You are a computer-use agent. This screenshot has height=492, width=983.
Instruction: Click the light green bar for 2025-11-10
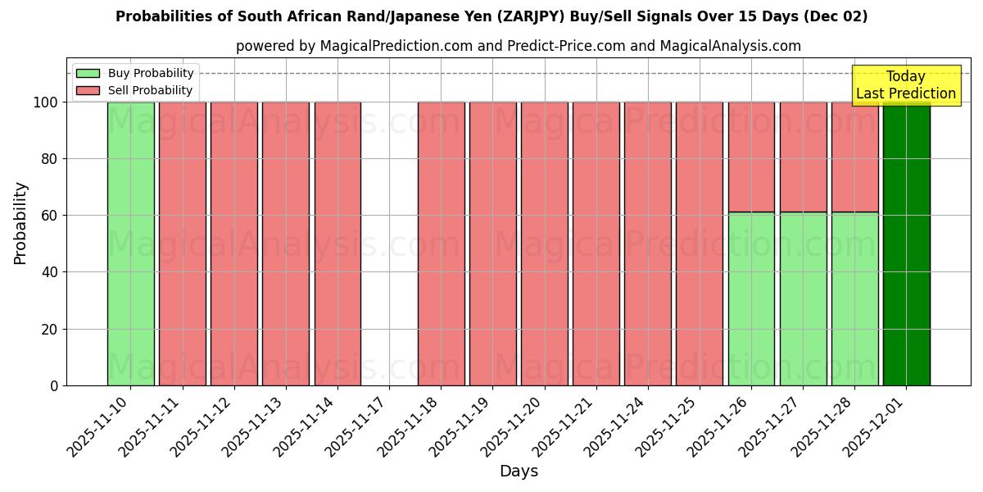coord(130,244)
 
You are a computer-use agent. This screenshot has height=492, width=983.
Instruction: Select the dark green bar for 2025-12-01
coord(906,244)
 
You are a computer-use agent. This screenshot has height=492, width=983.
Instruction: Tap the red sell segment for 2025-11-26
coord(751,157)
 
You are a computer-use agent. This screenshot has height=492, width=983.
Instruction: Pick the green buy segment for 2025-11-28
coord(854,298)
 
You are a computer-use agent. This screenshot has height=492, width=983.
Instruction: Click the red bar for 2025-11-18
coord(441,244)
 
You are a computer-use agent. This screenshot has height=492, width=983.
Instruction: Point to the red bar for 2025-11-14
coord(337,244)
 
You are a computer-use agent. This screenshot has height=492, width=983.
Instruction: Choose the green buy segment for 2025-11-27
coord(803,298)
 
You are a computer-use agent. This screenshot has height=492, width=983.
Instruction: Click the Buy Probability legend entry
coord(135,73)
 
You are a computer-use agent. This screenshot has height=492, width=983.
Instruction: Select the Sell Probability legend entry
coord(135,90)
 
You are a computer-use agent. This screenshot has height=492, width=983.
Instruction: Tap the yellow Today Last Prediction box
coord(906,85)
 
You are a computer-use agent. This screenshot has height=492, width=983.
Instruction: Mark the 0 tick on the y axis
coord(54,385)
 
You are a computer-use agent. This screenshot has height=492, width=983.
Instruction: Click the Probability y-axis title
coord(21,223)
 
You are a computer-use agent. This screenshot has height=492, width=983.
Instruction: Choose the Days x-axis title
coord(519,471)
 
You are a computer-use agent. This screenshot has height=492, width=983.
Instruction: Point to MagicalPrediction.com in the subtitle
coord(396,46)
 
